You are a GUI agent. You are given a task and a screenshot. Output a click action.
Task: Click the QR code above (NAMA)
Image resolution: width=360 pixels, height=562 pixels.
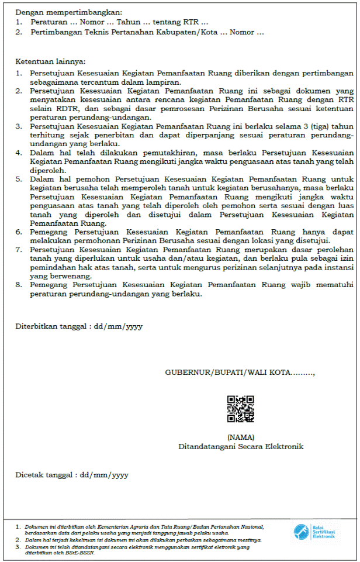(x=240, y=409)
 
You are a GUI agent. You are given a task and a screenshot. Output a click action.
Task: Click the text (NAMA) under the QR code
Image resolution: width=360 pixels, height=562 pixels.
(x=241, y=437)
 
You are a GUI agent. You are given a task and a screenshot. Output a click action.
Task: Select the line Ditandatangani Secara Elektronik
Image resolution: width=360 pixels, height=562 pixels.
(x=241, y=446)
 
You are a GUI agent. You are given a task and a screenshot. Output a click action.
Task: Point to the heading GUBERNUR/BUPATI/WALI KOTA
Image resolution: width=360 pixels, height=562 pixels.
(x=240, y=372)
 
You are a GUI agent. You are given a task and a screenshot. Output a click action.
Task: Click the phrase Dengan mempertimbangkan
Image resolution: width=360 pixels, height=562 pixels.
(x=61, y=12)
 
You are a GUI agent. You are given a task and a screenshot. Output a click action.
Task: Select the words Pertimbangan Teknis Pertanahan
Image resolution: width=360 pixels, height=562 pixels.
(x=90, y=32)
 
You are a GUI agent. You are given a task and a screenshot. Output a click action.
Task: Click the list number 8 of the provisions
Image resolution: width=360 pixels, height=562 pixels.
(x=18, y=285)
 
